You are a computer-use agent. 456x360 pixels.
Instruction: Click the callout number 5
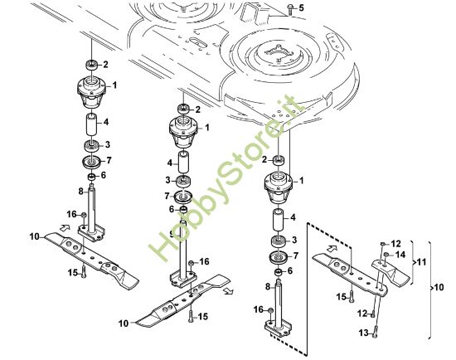pyautogui.click(x=301, y=8)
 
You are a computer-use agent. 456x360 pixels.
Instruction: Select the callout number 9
pyautogui.click(x=170, y=234)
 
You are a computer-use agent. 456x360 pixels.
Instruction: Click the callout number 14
pyautogui.click(x=400, y=254)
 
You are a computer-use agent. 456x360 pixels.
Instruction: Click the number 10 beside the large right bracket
pyautogui.click(x=438, y=287)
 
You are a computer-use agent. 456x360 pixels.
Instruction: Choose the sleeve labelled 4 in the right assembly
pyautogui.click(x=279, y=221)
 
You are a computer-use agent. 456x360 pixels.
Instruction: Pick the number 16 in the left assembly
pyautogui.click(x=70, y=214)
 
